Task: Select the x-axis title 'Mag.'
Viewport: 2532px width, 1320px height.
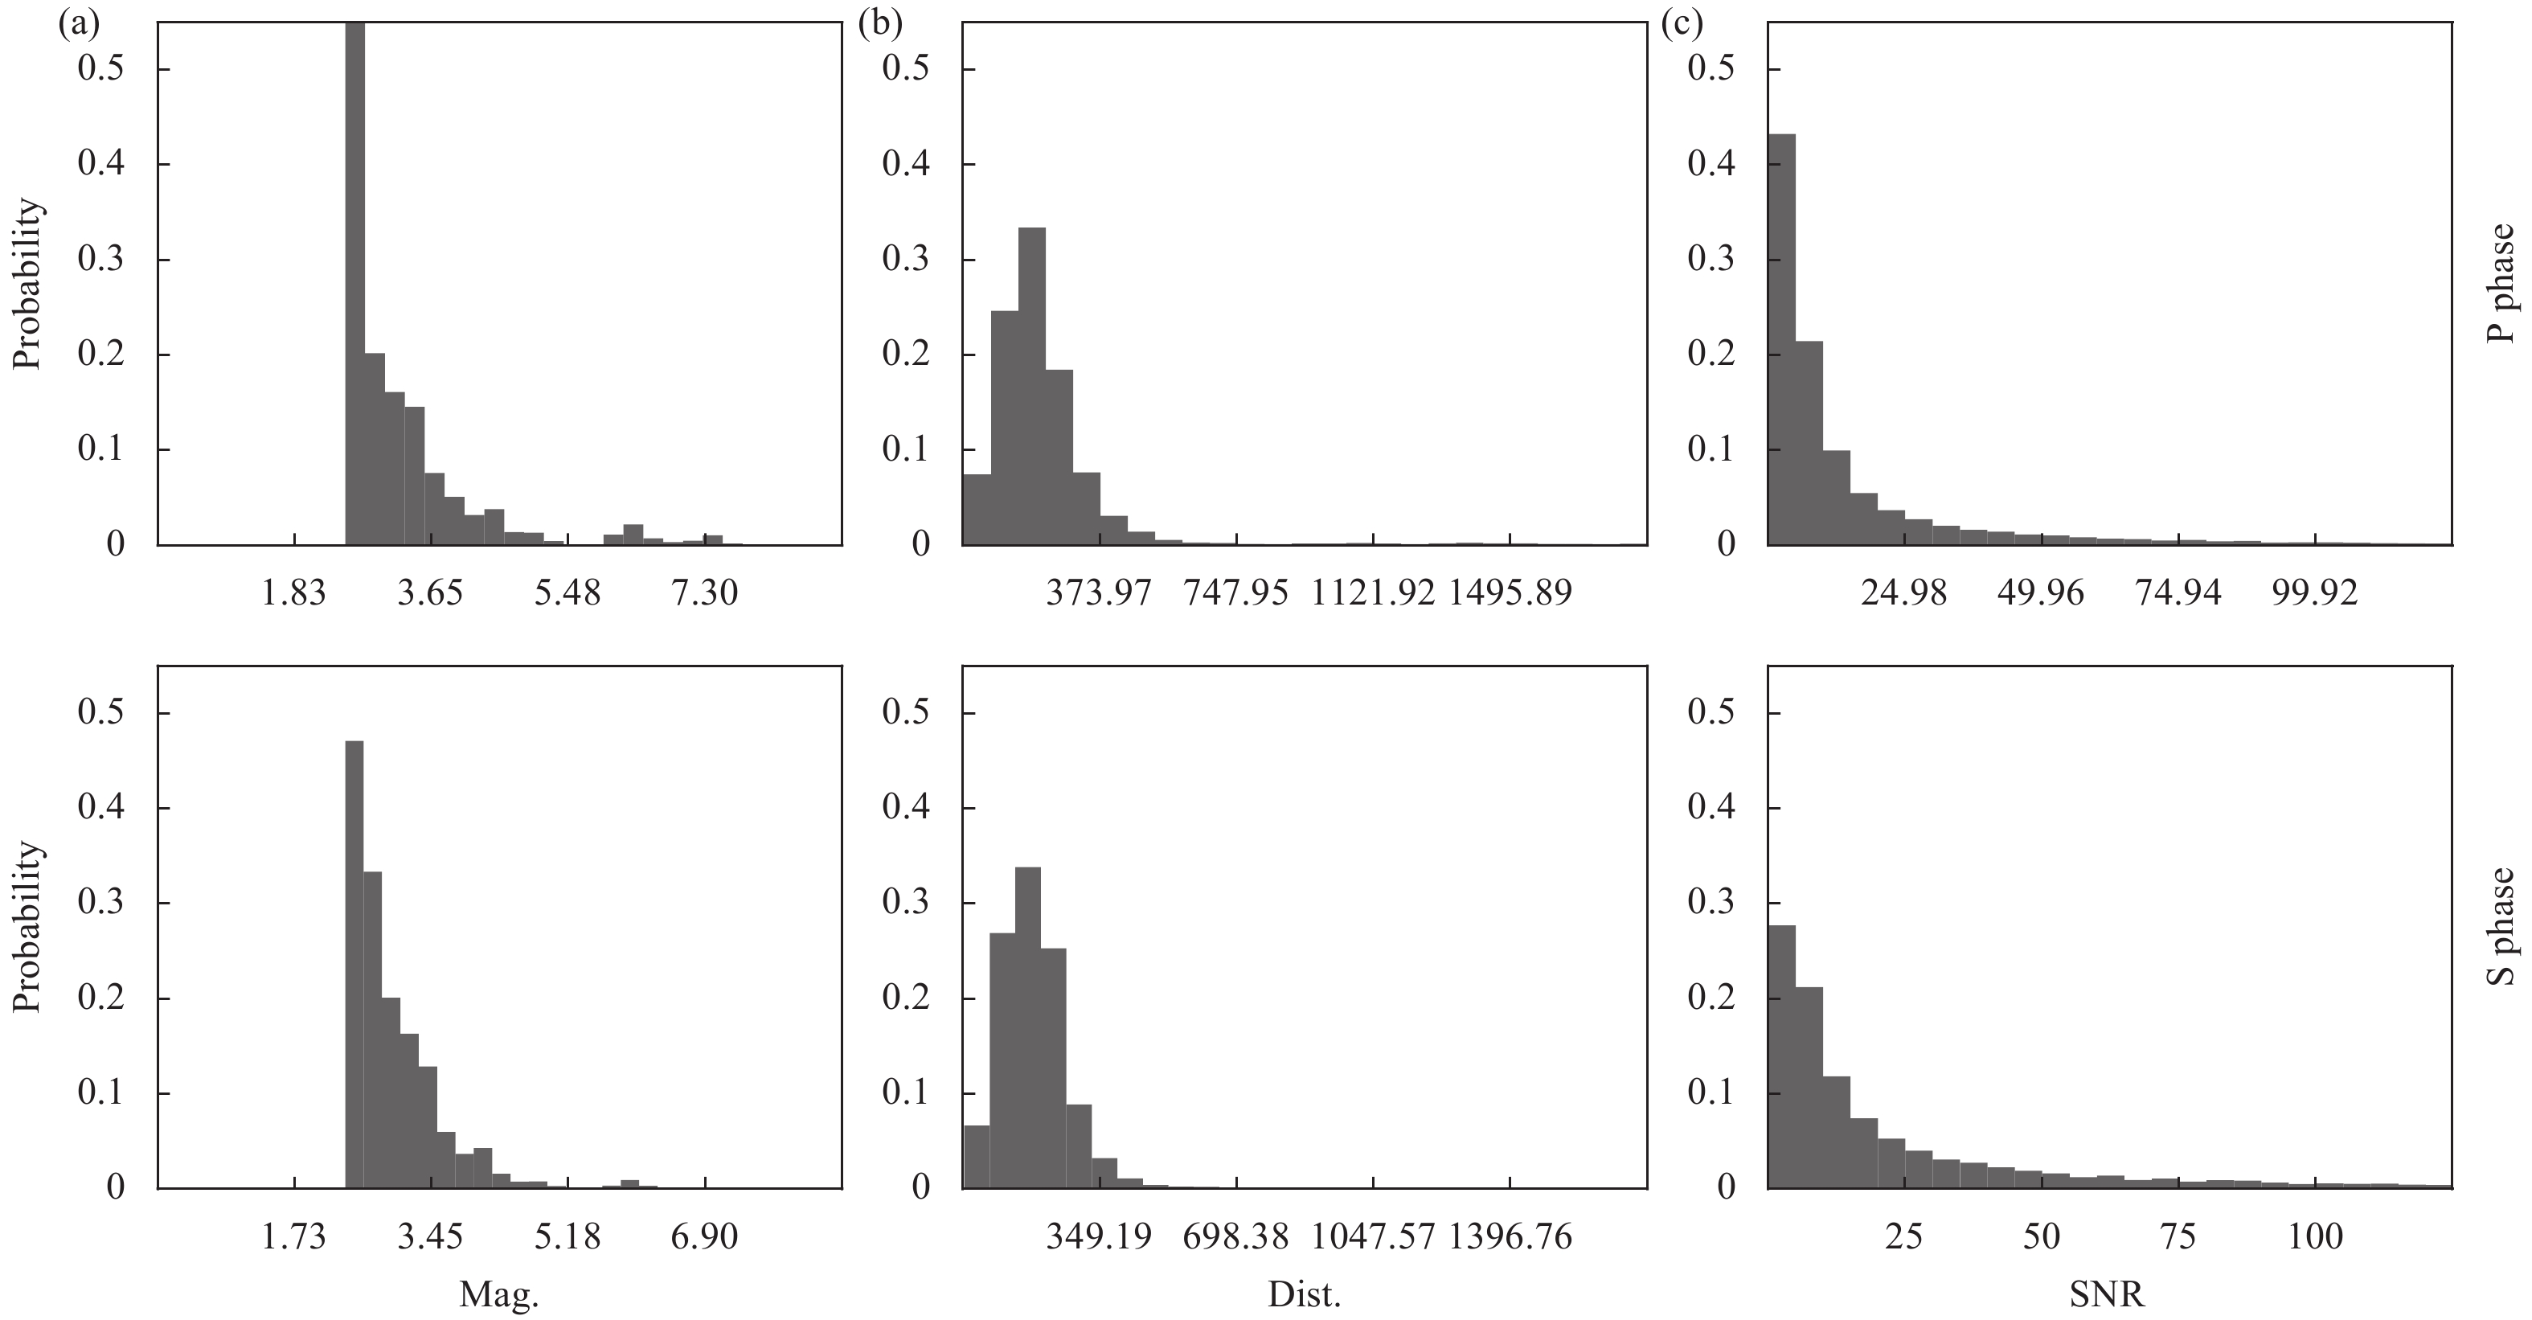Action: point(499,1294)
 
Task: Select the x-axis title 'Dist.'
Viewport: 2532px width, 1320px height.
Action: point(1305,1294)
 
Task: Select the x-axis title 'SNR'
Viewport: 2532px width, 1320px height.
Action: point(2108,1294)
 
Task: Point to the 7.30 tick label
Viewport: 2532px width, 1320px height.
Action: point(705,593)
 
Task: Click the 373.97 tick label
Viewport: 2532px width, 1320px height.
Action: point(1098,593)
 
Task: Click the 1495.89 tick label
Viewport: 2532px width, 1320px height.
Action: point(1510,593)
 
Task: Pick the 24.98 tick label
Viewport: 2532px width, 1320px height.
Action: point(1903,593)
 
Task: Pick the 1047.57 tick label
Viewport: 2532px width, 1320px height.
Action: point(1372,1236)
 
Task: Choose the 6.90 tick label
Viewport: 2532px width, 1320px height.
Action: point(705,1236)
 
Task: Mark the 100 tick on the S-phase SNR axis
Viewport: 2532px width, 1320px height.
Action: point(2315,1236)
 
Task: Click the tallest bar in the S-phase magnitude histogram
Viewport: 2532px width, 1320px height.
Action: point(354,963)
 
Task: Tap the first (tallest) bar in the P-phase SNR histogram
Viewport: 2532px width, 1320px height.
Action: point(1781,339)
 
